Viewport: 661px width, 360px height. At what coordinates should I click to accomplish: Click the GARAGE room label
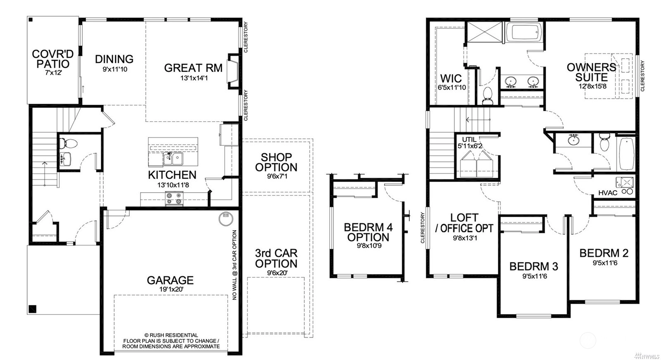170,280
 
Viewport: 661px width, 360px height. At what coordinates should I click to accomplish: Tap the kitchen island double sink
173,159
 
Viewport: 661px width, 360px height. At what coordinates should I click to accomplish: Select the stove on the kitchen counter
174,198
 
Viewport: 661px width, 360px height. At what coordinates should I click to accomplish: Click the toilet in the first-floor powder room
68,144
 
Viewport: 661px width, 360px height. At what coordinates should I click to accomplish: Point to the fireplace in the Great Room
233,71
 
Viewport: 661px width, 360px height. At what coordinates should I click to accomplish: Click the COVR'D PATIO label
53,59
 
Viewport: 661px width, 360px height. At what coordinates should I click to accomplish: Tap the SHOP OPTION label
276,162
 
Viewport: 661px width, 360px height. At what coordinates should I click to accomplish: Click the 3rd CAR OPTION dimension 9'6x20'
277,273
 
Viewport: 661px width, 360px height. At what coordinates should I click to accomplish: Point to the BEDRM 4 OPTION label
368,232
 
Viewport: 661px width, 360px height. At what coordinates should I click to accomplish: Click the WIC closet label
451,79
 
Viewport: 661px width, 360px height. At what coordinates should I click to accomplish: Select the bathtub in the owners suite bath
525,32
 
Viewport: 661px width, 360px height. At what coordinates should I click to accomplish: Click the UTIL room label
469,139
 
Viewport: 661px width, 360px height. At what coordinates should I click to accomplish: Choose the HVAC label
608,193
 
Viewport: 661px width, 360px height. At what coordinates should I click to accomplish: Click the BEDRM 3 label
534,266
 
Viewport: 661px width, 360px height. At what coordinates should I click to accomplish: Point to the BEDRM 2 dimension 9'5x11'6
605,263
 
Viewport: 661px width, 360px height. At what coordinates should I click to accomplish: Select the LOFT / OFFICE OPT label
464,223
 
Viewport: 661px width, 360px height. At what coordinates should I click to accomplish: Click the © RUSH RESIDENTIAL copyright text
171,335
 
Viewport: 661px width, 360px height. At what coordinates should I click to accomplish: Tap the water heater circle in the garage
226,218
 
